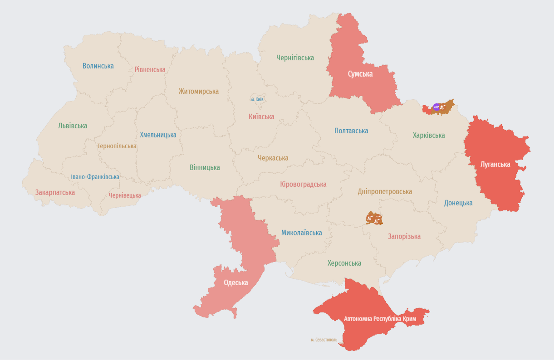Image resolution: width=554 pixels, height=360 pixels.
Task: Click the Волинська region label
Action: click(x=98, y=66)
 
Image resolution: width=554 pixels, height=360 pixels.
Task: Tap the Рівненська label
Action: click(x=150, y=69)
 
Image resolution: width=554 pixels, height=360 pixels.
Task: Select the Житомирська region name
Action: click(x=198, y=91)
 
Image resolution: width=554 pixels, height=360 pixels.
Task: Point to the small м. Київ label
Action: click(x=257, y=99)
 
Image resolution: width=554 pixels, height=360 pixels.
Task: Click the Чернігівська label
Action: click(x=295, y=58)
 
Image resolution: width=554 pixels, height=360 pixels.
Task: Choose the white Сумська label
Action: click(x=360, y=74)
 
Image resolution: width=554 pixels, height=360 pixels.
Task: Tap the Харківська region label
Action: click(x=428, y=135)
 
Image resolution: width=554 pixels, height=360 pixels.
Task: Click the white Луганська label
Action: click(x=495, y=164)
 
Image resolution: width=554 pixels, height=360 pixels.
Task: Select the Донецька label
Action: click(x=458, y=203)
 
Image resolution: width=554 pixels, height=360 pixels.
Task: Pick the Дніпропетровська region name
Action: click(x=385, y=191)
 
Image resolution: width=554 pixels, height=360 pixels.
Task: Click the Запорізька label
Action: click(x=404, y=236)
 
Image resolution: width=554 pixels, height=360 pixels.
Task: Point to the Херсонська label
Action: click(x=344, y=263)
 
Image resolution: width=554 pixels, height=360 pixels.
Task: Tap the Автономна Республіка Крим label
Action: click(x=383, y=319)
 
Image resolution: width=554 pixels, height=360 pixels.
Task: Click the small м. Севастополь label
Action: click(x=324, y=340)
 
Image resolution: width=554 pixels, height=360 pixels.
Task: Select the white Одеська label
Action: click(x=235, y=282)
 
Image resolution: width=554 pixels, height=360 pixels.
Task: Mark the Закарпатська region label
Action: click(x=55, y=192)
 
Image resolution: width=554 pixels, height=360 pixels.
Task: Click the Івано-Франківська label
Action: click(x=95, y=177)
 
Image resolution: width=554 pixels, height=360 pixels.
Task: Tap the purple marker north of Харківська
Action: click(x=436, y=107)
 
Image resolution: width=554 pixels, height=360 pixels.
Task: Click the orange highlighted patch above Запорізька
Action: click(x=374, y=218)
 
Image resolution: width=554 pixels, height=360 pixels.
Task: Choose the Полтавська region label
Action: click(x=351, y=131)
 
